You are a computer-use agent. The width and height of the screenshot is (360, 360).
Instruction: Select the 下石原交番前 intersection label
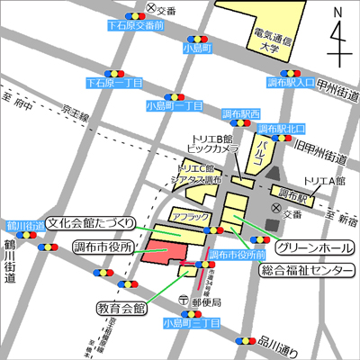(135, 27)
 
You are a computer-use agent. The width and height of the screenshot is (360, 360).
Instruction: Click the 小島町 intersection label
(195, 46)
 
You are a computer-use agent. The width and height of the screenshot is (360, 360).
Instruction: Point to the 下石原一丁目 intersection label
(114, 83)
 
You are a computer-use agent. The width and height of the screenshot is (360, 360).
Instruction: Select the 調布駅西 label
(241, 114)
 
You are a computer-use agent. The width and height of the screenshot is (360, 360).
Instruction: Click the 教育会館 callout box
(121, 308)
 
